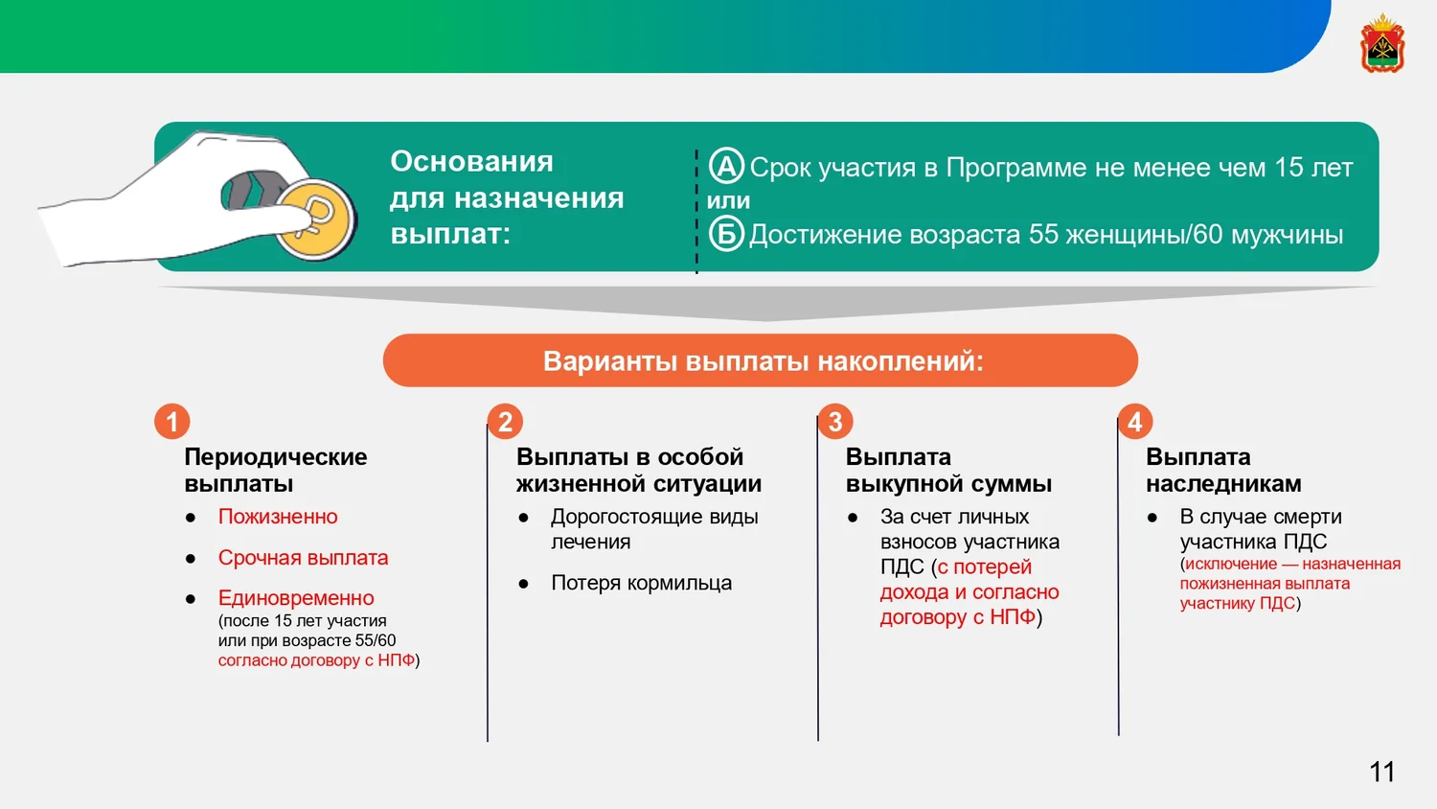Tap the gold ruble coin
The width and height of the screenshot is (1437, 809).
coord(315,220)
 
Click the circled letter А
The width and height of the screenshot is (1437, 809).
coord(726,166)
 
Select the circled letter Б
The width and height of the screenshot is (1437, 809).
coord(726,234)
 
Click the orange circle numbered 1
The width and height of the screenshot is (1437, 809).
coord(171,422)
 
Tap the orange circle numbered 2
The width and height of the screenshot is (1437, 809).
coord(505,422)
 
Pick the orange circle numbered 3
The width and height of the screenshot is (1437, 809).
coord(835,422)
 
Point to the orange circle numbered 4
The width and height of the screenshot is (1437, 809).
coord(1135,422)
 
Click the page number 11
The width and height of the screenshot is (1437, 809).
coord(1381,772)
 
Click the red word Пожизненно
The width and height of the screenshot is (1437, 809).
coord(278,517)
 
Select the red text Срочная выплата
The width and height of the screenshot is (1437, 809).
coord(303,557)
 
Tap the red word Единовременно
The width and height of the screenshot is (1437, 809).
coord(296,598)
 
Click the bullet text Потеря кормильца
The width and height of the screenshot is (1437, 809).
coord(642,583)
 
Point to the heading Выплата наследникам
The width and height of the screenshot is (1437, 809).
coord(1223,470)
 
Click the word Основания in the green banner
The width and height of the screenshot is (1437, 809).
coord(471,161)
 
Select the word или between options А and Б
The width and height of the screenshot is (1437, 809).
coord(728,200)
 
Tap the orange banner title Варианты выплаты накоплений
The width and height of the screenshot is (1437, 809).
coord(764,360)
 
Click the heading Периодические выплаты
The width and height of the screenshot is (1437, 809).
coord(275,470)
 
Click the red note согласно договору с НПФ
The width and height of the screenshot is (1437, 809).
coord(316,660)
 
